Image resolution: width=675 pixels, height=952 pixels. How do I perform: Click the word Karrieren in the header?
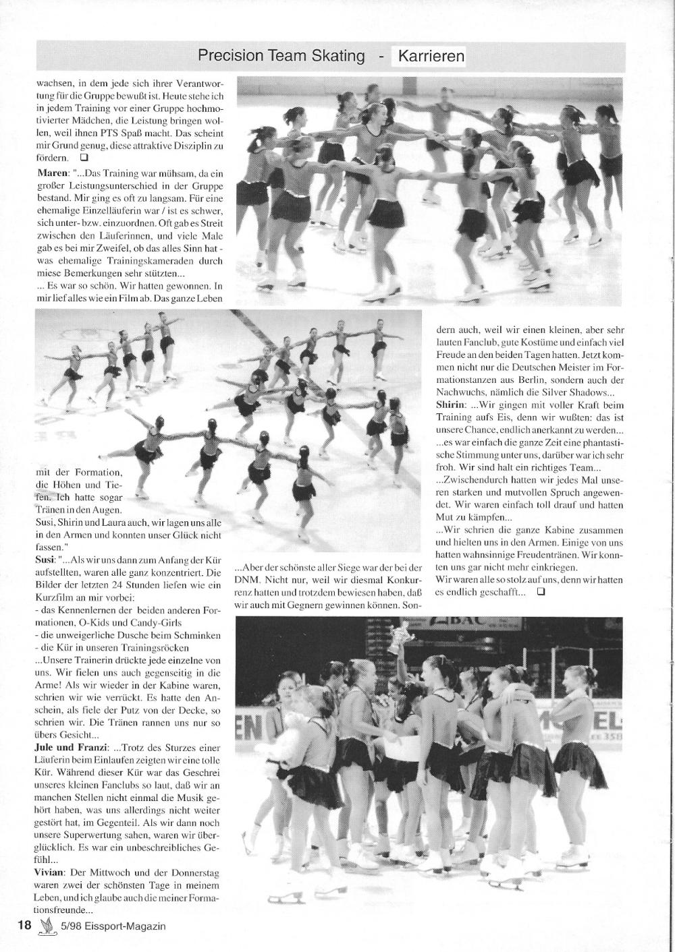tap(431, 56)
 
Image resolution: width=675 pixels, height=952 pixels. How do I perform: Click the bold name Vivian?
tap(51, 872)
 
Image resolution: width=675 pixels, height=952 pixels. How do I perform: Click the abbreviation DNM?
tap(247, 580)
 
